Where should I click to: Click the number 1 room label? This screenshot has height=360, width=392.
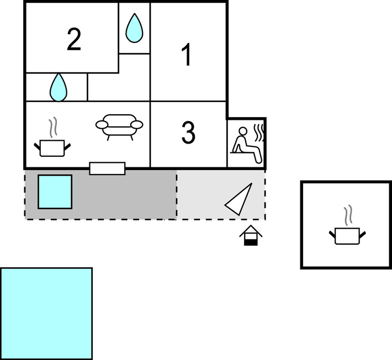point(186,55)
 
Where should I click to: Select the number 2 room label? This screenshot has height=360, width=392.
point(74,39)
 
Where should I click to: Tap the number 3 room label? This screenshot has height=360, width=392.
point(188,133)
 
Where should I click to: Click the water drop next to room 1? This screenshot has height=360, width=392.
point(134,28)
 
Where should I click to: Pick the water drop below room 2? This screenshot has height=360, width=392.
point(59,87)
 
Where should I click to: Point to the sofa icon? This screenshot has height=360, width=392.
point(119,127)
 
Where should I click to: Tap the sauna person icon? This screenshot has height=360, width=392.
point(246,145)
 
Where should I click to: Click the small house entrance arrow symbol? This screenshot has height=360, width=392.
point(251,235)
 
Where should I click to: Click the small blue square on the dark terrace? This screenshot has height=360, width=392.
point(55,192)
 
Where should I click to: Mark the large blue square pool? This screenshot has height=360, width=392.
point(46,314)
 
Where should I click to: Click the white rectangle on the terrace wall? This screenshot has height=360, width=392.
point(107,168)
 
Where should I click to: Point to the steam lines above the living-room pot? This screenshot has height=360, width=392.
point(53,127)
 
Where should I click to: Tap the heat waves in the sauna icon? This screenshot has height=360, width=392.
point(259,133)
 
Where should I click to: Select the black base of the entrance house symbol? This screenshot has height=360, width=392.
point(251,242)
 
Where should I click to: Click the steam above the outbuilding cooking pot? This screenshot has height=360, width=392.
point(348,215)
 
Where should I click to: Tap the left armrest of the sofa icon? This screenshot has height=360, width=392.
point(102,124)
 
